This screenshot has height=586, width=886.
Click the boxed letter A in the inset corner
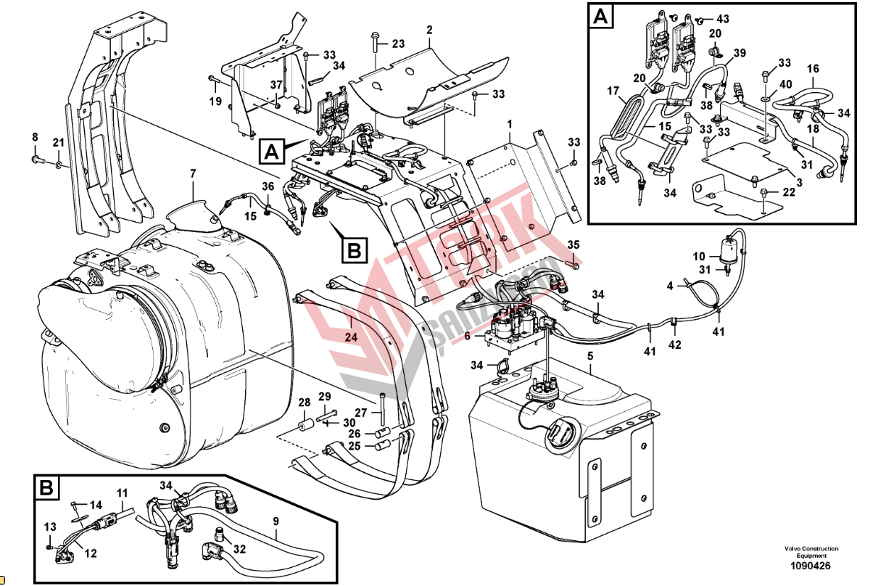pos(600,16)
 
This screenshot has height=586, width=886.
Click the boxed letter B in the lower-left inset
pos(46,489)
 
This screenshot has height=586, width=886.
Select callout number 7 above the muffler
pos(193,173)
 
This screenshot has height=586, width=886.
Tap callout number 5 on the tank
pos(590,356)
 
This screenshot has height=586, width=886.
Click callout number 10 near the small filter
pos(699,257)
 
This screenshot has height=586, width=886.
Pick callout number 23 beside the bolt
pos(398,44)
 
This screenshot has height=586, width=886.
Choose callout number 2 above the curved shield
pos(429,30)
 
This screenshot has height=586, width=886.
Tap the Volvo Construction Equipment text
pos(811,552)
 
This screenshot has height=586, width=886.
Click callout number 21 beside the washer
pos(58,141)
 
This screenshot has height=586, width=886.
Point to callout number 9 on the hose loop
pos(276,520)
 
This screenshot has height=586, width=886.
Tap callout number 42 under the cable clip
pos(675,344)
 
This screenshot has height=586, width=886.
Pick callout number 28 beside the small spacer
pos(304,403)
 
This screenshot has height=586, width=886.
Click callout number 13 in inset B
pos(50,527)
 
